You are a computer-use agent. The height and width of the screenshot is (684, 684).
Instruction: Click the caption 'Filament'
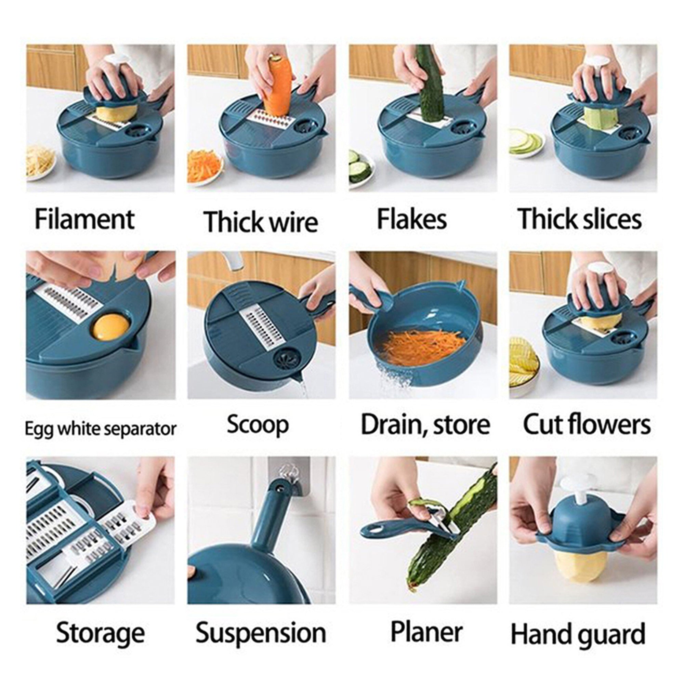(84, 220)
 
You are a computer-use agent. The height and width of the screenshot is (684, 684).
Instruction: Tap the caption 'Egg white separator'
(101, 429)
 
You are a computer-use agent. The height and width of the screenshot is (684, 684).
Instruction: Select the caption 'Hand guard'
(578, 634)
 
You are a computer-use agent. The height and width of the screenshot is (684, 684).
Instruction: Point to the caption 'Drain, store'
(425, 425)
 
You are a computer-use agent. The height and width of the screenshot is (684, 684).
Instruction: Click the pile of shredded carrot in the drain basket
(425, 345)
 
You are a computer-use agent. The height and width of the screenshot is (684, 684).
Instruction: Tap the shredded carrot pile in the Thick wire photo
(204, 167)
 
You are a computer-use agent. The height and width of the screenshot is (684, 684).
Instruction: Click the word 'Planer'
(426, 632)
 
